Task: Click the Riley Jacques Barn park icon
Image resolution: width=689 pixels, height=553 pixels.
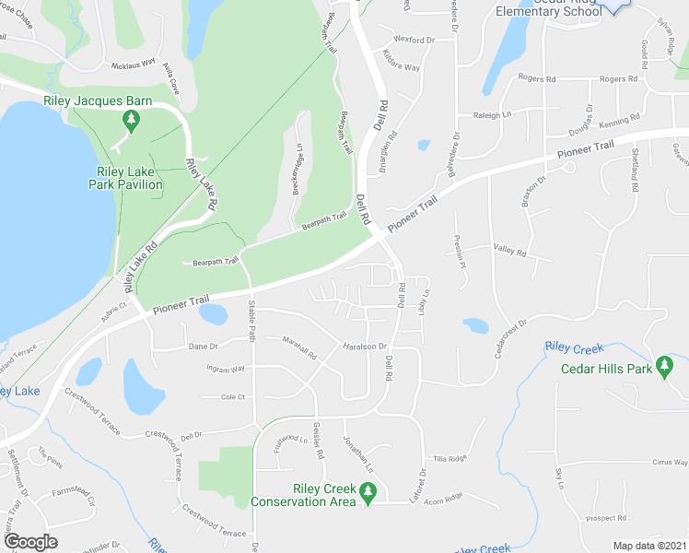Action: pyautogui.click(x=131, y=120)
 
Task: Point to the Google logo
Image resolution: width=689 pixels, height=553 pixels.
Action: pyautogui.click(x=30, y=541)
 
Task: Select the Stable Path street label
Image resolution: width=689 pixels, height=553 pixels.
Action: pyautogui.click(x=251, y=323)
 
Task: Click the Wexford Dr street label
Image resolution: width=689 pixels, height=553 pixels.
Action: pyautogui.click(x=414, y=41)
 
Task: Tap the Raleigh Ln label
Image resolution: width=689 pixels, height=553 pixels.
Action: pyautogui.click(x=492, y=115)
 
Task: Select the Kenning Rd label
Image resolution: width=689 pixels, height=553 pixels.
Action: pyautogui.click(x=618, y=121)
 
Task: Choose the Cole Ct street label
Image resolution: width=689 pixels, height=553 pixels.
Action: pyautogui.click(x=233, y=397)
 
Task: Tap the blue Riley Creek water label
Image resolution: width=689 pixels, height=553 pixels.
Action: pyautogui.click(x=573, y=347)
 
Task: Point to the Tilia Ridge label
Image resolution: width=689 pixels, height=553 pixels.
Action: pyautogui.click(x=451, y=458)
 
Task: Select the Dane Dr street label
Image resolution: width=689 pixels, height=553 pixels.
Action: pyautogui.click(x=203, y=347)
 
